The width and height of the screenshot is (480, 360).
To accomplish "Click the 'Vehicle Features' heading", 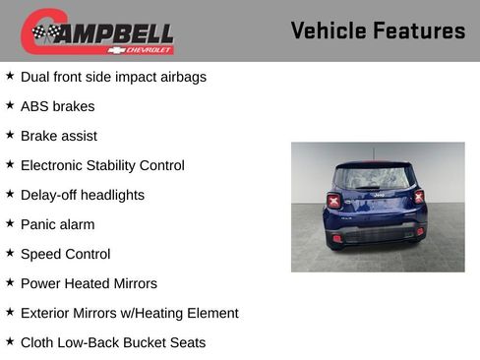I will [x=378, y=30].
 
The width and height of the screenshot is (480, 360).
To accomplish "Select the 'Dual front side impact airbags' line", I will [x=113, y=77].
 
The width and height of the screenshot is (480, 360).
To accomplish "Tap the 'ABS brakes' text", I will [x=57, y=106].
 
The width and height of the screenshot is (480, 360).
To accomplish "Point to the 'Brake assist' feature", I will [x=59, y=136].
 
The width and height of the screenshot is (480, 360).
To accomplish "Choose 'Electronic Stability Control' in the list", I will [x=102, y=165].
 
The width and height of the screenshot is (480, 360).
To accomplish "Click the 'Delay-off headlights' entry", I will [x=83, y=195].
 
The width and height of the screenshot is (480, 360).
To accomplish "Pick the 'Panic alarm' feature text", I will [x=58, y=224].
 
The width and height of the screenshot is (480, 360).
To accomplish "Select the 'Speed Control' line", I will [x=65, y=254].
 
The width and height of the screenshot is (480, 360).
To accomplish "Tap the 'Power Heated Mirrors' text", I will [x=89, y=283].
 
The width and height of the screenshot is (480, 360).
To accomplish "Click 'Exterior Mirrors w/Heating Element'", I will [x=129, y=313].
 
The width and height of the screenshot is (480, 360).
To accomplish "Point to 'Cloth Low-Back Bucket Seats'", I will [x=113, y=342].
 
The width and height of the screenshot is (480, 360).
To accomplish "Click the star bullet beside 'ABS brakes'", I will [x=10, y=104].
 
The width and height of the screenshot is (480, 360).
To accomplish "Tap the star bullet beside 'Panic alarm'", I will [x=10, y=222].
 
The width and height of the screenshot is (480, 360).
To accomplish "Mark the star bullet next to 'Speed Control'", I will [x=10, y=252].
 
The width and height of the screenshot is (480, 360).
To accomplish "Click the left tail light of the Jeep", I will [x=334, y=200].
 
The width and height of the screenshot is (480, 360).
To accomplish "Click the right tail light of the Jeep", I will [x=419, y=198].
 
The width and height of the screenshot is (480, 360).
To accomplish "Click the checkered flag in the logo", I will [x=43, y=32].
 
